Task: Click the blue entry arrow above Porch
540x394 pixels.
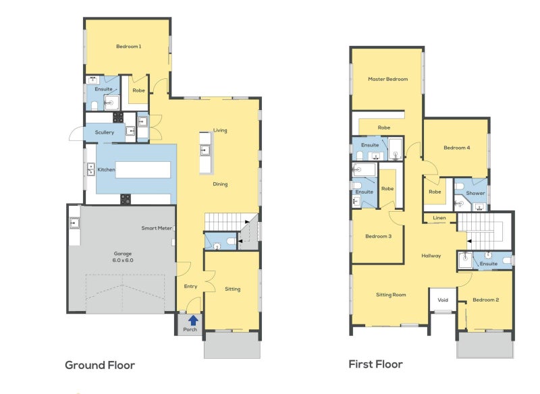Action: [x=193, y=320]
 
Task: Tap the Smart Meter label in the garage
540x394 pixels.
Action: [x=157, y=228]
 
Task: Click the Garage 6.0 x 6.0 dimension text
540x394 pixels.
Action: [x=123, y=260]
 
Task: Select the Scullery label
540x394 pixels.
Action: [x=105, y=132]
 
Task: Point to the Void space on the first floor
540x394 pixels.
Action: [x=443, y=300]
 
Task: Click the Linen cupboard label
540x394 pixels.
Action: [x=439, y=217]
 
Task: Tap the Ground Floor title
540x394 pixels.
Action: [x=100, y=365]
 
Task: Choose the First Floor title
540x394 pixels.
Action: [x=375, y=364]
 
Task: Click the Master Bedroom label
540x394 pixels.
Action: [x=387, y=79]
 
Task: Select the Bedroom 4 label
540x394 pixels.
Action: [x=457, y=148]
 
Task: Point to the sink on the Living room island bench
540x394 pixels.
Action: [x=205, y=150]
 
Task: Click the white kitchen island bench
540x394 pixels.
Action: [x=143, y=169]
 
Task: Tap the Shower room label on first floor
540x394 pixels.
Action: [x=475, y=193]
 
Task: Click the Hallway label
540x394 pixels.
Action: [x=431, y=256]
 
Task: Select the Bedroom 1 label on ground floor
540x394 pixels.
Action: [x=128, y=46]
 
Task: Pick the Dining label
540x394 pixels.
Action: [x=220, y=184]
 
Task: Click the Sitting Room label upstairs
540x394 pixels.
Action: [x=391, y=295]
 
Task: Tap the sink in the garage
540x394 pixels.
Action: [x=74, y=223]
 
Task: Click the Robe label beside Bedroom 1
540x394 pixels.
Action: [x=138, y=90]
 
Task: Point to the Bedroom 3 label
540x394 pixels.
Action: [x=378, y=236]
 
